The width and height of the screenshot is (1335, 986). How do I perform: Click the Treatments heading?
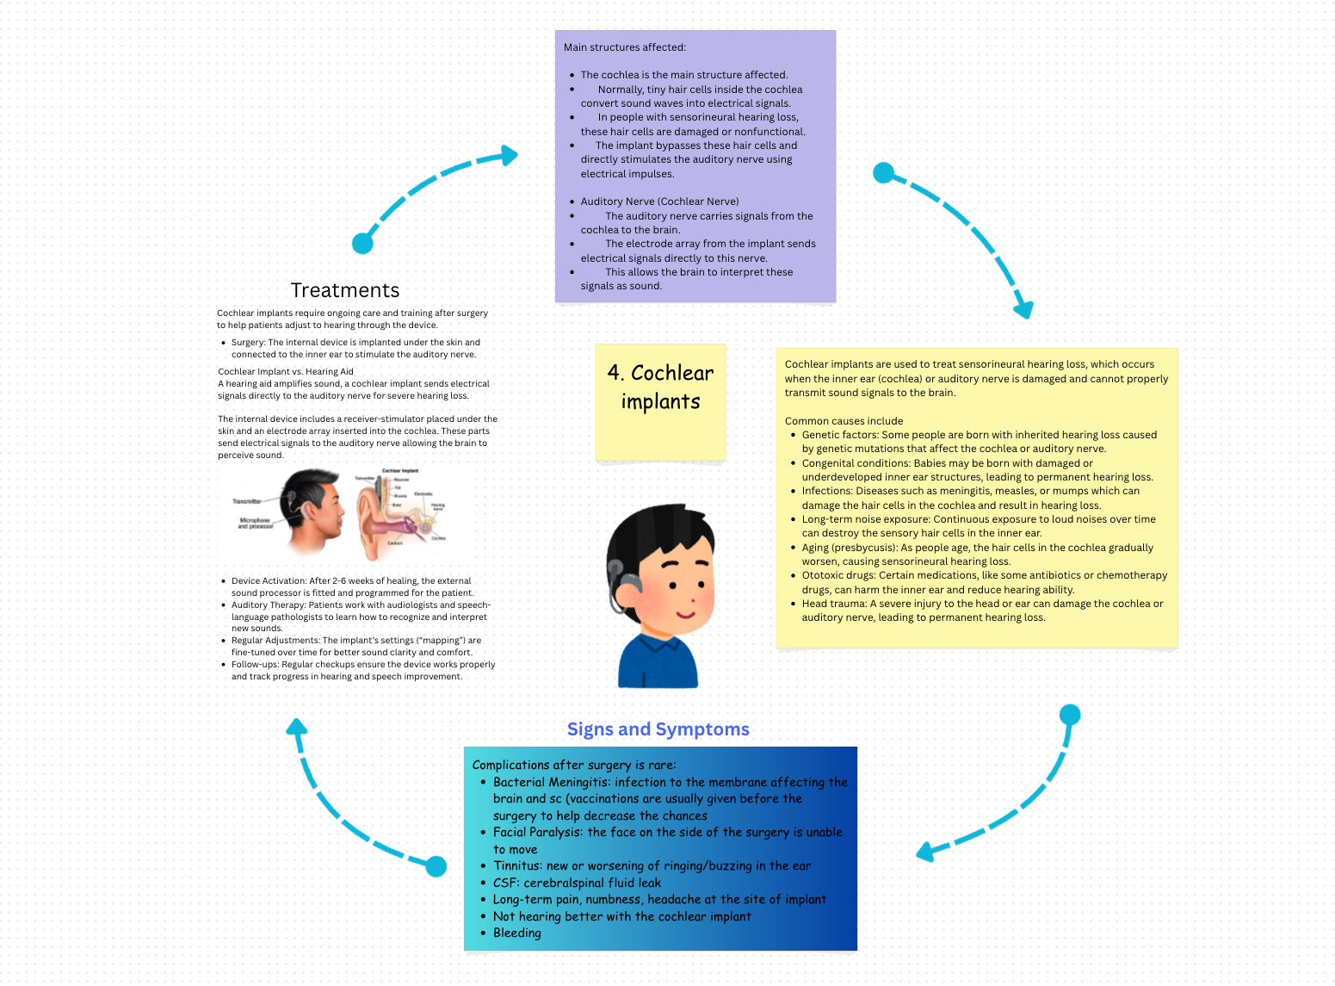click(345, 290)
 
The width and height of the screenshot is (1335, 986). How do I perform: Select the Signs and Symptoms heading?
click(658, 729)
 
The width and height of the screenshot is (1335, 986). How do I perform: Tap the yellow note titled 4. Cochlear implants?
click(660, 400)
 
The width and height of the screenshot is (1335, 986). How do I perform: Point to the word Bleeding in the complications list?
click(516, 933)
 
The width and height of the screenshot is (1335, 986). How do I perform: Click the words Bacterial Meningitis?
click(550, 782)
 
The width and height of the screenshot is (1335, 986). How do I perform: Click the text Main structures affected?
click(624, 47)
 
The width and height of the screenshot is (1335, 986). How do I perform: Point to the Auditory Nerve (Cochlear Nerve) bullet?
click(659, 202)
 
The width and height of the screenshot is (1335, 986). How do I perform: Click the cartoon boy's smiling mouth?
click(685, 615)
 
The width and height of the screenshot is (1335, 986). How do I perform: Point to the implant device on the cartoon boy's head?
click(616, 577)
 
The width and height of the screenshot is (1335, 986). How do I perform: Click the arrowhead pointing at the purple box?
click(510, 155)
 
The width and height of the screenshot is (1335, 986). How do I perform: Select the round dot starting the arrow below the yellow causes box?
click(1070, 715)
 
